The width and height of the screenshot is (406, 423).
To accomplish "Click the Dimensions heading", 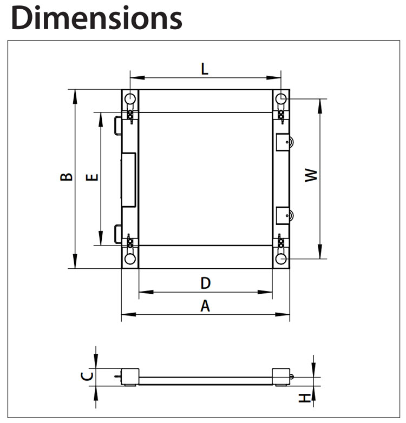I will [95, 17].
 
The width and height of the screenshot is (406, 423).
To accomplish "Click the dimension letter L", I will [205, 69].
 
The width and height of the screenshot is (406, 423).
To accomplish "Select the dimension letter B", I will [66, 178].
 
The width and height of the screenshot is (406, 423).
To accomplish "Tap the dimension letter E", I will [93, 178].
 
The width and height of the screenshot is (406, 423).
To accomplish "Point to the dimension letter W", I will [311, 176].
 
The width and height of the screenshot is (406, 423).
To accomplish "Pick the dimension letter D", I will [205, 283].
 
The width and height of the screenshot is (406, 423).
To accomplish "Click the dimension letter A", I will [205, 306].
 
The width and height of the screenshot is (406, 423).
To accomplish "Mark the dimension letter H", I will [306, 398].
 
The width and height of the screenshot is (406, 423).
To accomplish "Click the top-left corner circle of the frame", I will [130, 99].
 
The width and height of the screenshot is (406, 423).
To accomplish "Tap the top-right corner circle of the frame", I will [280, 99].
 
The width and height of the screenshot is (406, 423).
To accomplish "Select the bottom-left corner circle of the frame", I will [130, 259].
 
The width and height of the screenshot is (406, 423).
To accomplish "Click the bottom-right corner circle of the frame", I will [280, 259].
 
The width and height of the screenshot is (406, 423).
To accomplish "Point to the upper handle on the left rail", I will [117, 124].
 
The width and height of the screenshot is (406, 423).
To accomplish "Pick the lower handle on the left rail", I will [117, 233].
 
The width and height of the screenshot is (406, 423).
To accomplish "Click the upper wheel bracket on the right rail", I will [283, 142].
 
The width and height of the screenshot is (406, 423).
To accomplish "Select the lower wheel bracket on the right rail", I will [283, 215].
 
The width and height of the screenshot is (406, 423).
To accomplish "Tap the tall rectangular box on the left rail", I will [128, 179].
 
